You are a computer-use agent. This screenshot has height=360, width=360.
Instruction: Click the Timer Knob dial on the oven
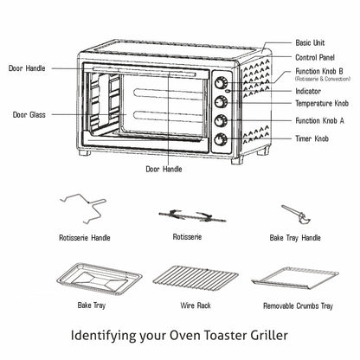point(221,139)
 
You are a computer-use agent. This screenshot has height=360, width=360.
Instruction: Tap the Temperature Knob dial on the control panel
point(221,102)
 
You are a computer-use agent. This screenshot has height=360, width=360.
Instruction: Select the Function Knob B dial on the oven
point(221,83)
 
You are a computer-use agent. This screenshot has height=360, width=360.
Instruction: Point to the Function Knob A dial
point(221,120)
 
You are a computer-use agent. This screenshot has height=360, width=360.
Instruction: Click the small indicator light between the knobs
point(228,92)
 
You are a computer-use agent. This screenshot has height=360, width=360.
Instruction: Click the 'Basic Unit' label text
point(310,43)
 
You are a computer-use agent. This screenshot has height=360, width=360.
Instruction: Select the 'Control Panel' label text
point(315,57)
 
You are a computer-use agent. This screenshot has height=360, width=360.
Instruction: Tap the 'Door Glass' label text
point(29,115)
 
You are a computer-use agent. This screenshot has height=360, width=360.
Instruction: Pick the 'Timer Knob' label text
point(312,138)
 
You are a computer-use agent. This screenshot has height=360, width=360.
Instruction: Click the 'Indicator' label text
point(308,92)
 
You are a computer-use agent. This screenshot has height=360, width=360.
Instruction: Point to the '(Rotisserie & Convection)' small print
point(323,79)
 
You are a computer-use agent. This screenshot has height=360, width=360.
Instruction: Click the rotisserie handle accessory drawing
point(83,209)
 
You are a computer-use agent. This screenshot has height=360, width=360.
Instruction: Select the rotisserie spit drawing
point(192,216)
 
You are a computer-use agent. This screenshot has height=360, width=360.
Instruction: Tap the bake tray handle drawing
point(296,214)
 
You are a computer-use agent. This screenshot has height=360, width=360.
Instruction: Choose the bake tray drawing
point(100,279)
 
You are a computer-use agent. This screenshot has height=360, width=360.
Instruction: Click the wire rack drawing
point(196,279)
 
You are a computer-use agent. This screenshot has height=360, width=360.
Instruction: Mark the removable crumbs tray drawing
point(295,278)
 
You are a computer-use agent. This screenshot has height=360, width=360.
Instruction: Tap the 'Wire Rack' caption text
point(196,305)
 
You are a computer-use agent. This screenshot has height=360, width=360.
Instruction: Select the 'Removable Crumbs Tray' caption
point(298,306)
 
